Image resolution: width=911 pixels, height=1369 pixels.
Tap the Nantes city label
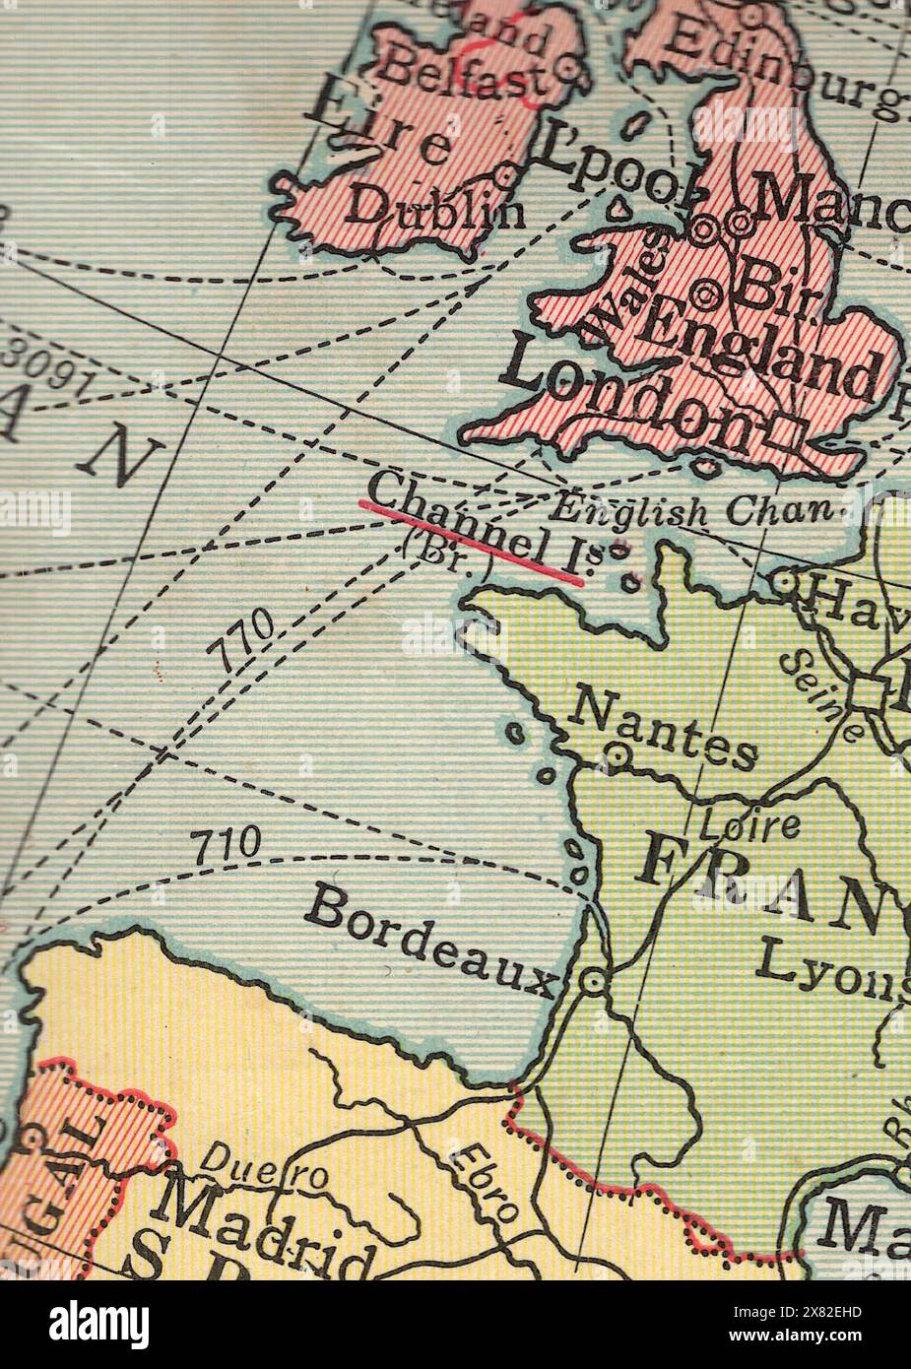point(665,726)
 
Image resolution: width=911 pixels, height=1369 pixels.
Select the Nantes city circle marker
point(618,755)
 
